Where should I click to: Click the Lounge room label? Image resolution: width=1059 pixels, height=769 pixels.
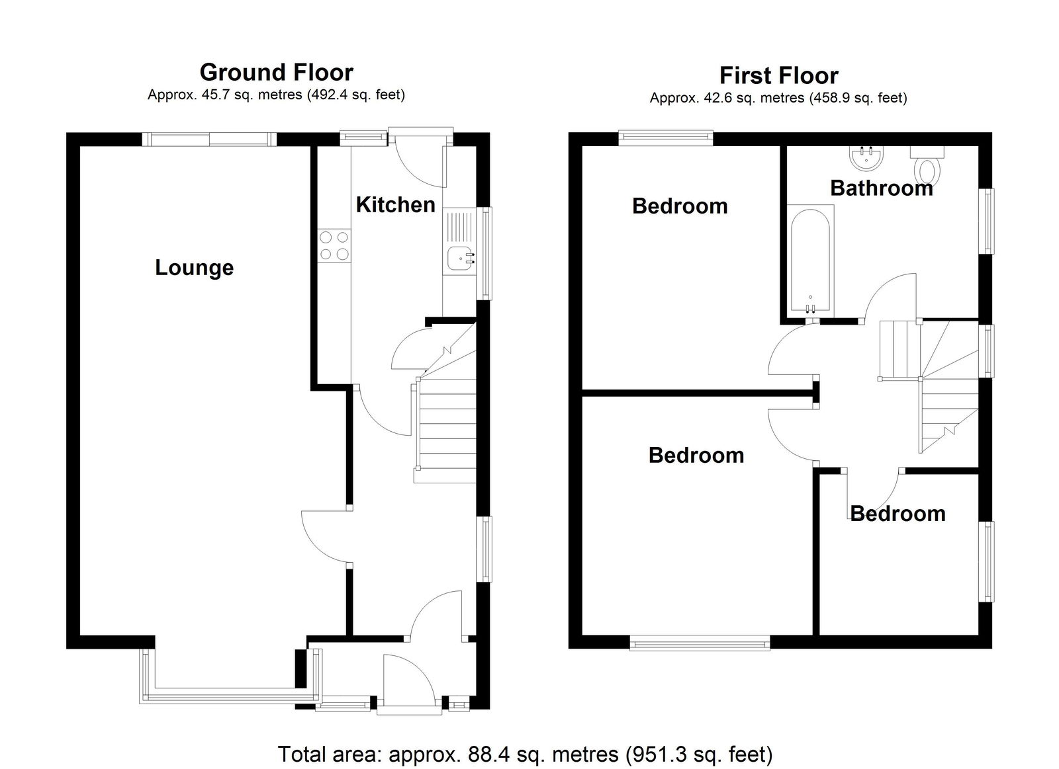195,268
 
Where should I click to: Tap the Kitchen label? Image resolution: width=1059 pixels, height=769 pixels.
396,205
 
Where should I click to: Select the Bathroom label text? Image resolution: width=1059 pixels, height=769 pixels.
882,188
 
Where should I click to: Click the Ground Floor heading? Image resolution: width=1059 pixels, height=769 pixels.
277,72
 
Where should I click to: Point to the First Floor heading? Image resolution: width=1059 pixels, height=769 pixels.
778,75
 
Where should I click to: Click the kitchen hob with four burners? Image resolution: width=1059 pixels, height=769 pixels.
334,245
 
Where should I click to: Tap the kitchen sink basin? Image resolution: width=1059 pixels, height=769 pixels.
461,258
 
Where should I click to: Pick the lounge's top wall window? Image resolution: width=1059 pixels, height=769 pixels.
209,140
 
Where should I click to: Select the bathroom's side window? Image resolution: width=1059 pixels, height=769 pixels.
988,221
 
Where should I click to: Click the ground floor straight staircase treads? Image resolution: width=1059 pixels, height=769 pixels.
445,430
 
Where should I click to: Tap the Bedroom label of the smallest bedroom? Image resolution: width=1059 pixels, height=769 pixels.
898,514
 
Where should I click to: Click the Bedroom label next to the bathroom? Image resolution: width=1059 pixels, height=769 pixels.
680,206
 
